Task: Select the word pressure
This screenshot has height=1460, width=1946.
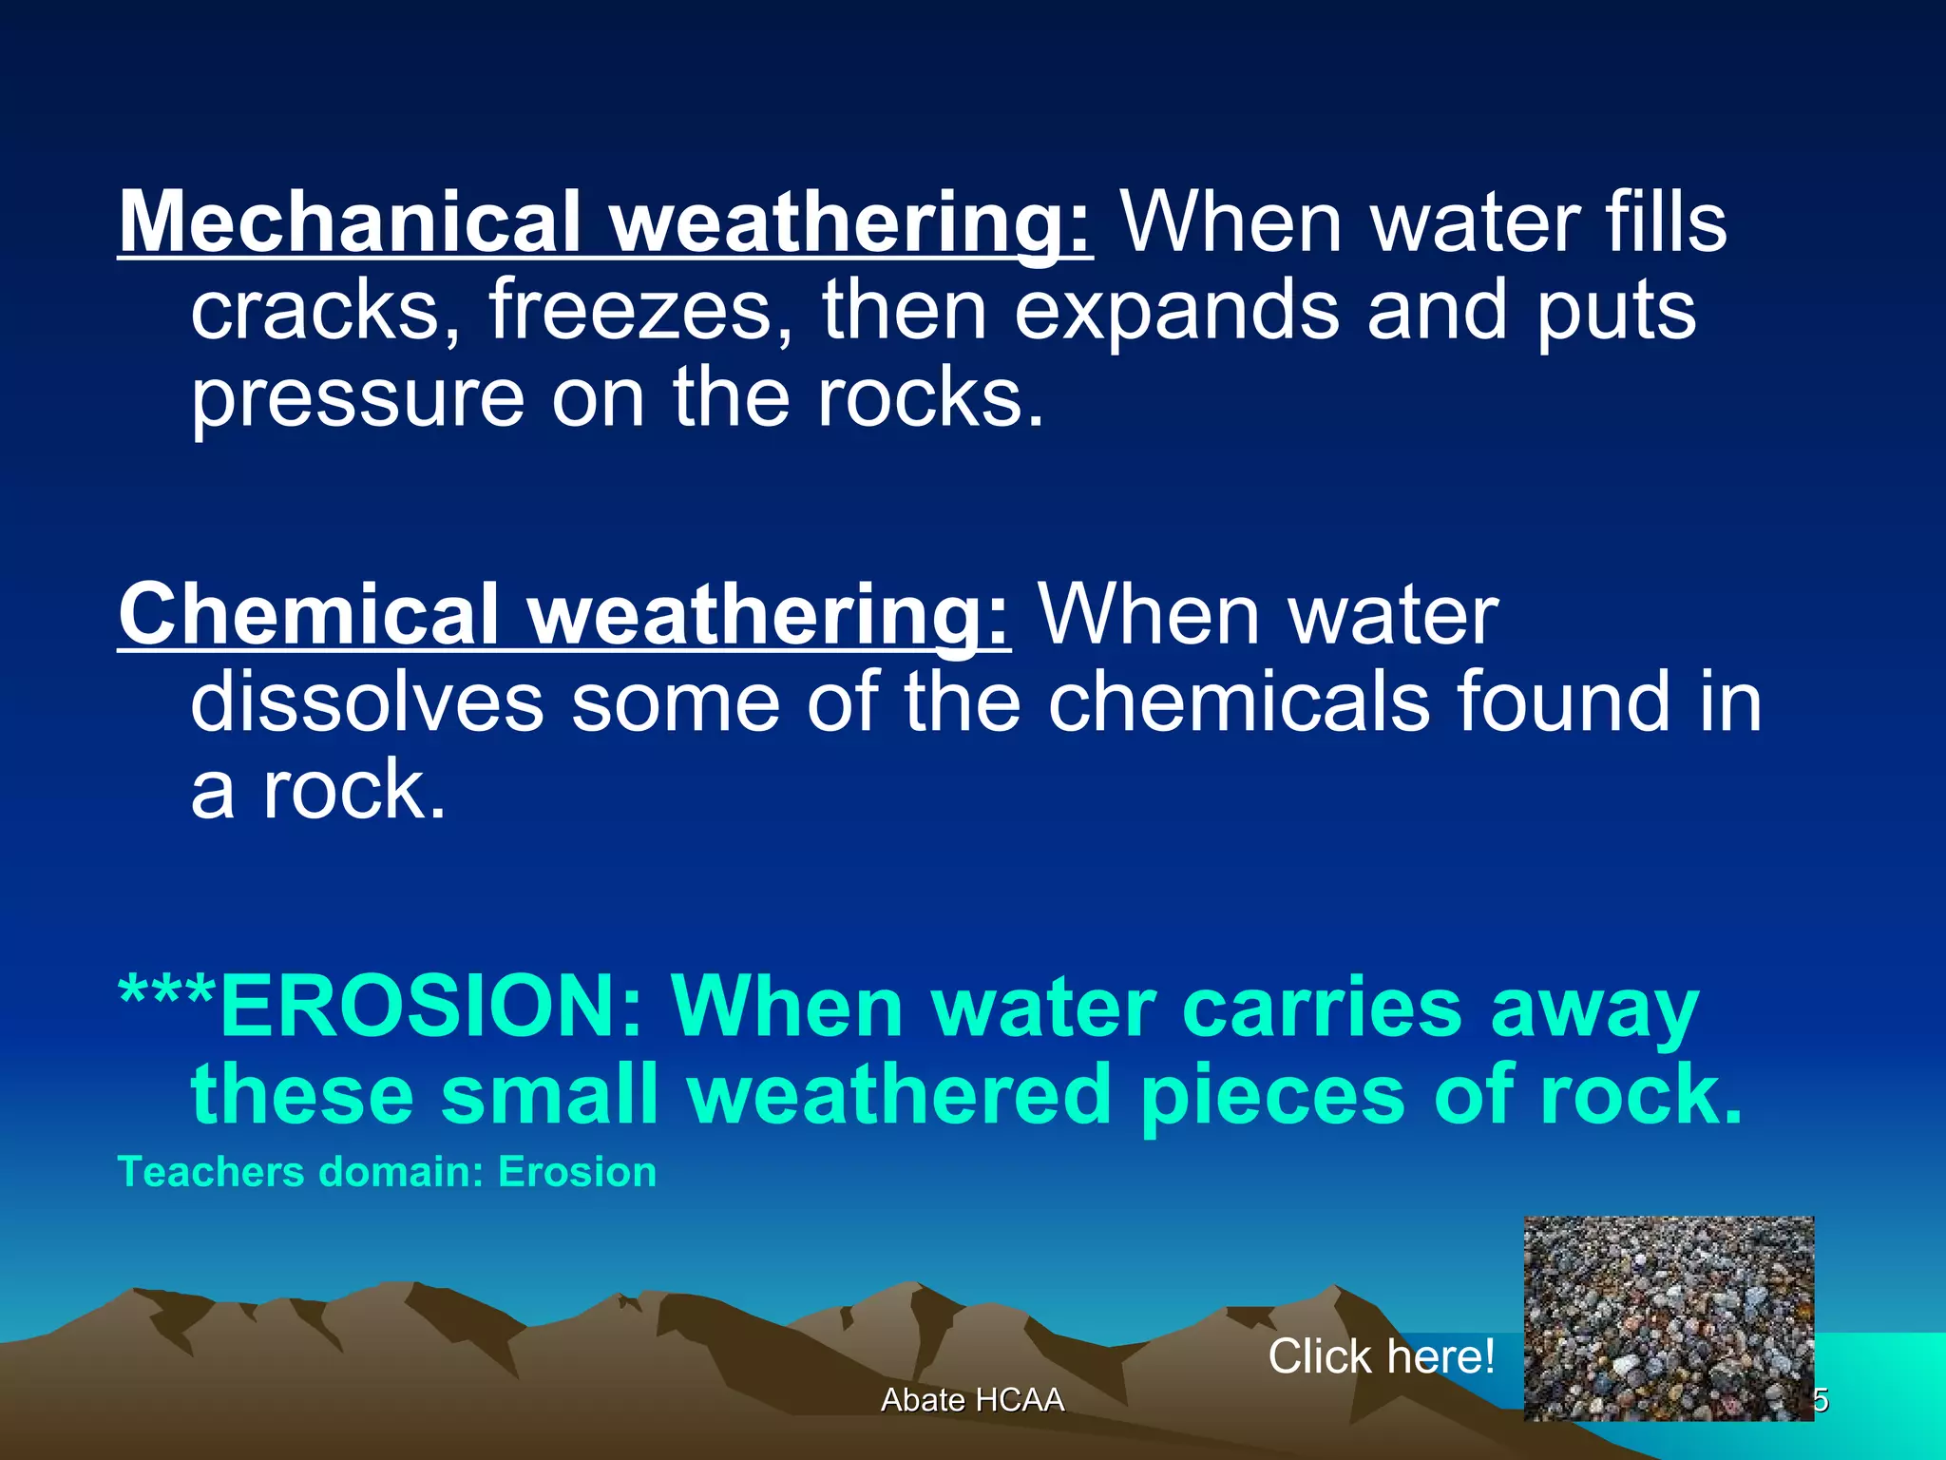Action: coord(357,399)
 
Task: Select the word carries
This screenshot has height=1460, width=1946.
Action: coord(1321,1007)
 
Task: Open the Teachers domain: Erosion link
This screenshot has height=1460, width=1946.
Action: coord(387,1172)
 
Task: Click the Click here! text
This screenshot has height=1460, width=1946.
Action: coord(1381,1355)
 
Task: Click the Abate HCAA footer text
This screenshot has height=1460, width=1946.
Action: coord(972,1400)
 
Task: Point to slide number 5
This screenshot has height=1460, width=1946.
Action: coord(1821,1400)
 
